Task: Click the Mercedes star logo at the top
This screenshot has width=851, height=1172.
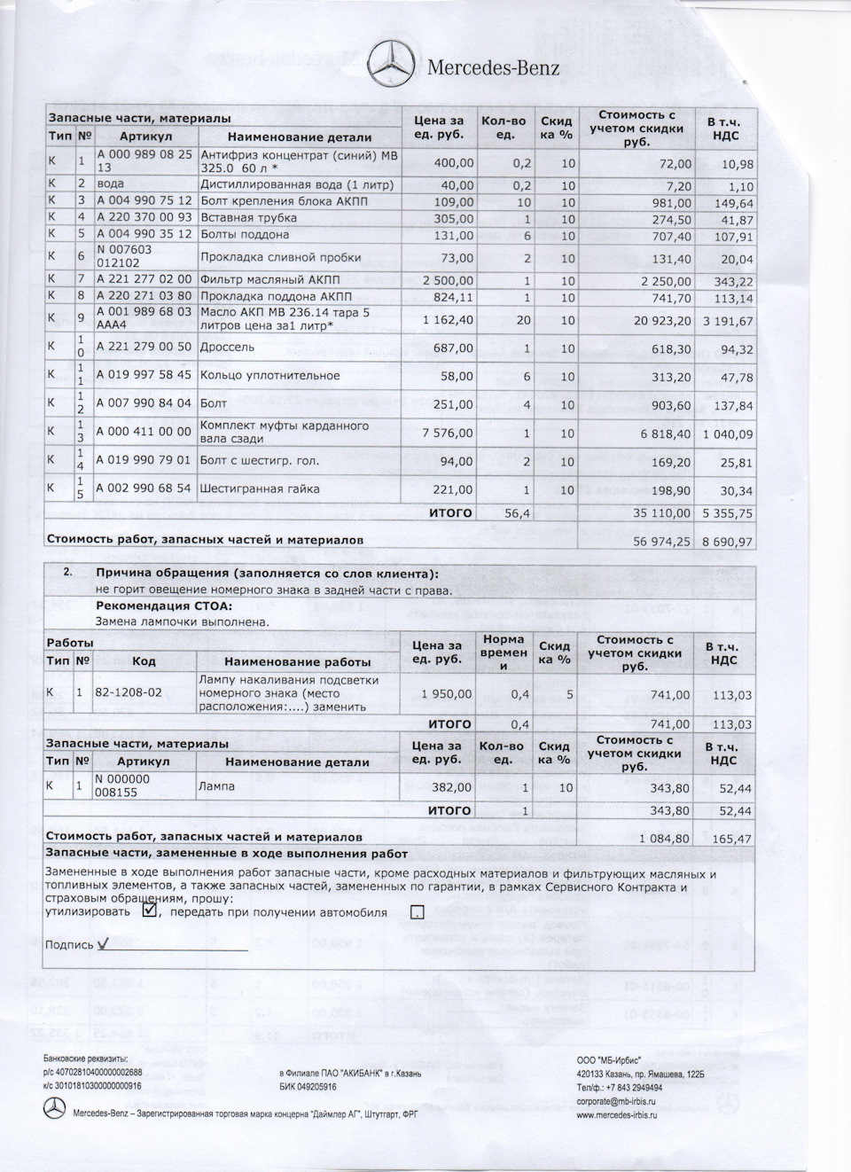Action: [x=391, y=64]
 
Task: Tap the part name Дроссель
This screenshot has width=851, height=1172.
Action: [x=228, y=348]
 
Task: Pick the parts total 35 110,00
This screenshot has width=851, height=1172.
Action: [x=659, y=513]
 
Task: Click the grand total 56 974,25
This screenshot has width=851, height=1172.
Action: [x=659, y=541]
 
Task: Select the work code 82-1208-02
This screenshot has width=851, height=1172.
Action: [x=128, y=691]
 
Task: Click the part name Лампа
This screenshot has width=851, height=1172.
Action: [x=218, y=785]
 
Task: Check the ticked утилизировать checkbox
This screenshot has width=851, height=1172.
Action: [x=149, y=910]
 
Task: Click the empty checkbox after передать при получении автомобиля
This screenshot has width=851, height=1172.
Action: [x=418, y=911]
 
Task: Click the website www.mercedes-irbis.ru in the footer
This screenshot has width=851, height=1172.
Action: [x=616, y=1114]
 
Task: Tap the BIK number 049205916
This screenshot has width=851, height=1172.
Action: [x=308, y=1087]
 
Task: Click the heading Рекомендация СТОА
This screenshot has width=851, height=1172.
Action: [x=164, y=606]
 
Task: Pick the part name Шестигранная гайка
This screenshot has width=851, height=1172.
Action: [x=260, y=488]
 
